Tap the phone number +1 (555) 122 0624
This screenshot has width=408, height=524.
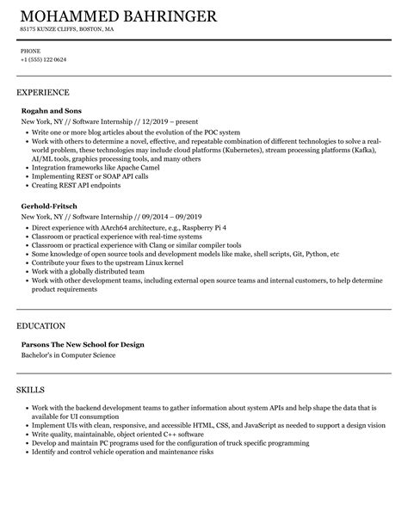[x=44, y=59]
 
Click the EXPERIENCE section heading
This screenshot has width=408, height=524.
[x=43, y=92]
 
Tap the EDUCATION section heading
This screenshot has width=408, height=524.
[x=41, y=326]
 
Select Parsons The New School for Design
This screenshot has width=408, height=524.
[x=82, y=344]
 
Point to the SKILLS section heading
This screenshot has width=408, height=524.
[x=33, y=390]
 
